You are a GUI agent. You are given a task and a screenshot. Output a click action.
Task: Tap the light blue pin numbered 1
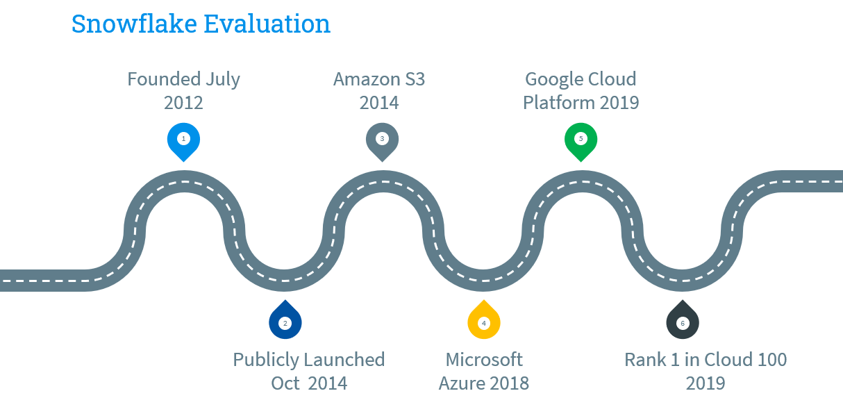click(183, 140)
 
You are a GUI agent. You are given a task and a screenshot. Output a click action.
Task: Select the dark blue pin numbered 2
click(285, 322)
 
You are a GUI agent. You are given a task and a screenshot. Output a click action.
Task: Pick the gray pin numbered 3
click(382, 140)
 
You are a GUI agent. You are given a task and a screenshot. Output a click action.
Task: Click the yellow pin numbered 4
click(484, 322)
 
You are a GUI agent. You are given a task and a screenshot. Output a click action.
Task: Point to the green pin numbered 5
click(581, 140)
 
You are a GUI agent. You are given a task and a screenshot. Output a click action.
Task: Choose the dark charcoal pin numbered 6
click(683, 322)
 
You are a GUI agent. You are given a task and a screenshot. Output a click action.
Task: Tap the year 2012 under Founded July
click(183, 103)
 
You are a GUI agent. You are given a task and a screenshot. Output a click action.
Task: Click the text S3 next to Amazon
click(413, 79)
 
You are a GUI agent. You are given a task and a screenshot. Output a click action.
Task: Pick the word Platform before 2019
click(558, 103)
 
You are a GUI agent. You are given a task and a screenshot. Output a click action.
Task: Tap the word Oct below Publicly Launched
click(285, 383)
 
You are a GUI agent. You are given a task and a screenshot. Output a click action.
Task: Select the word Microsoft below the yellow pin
click(484, 360)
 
